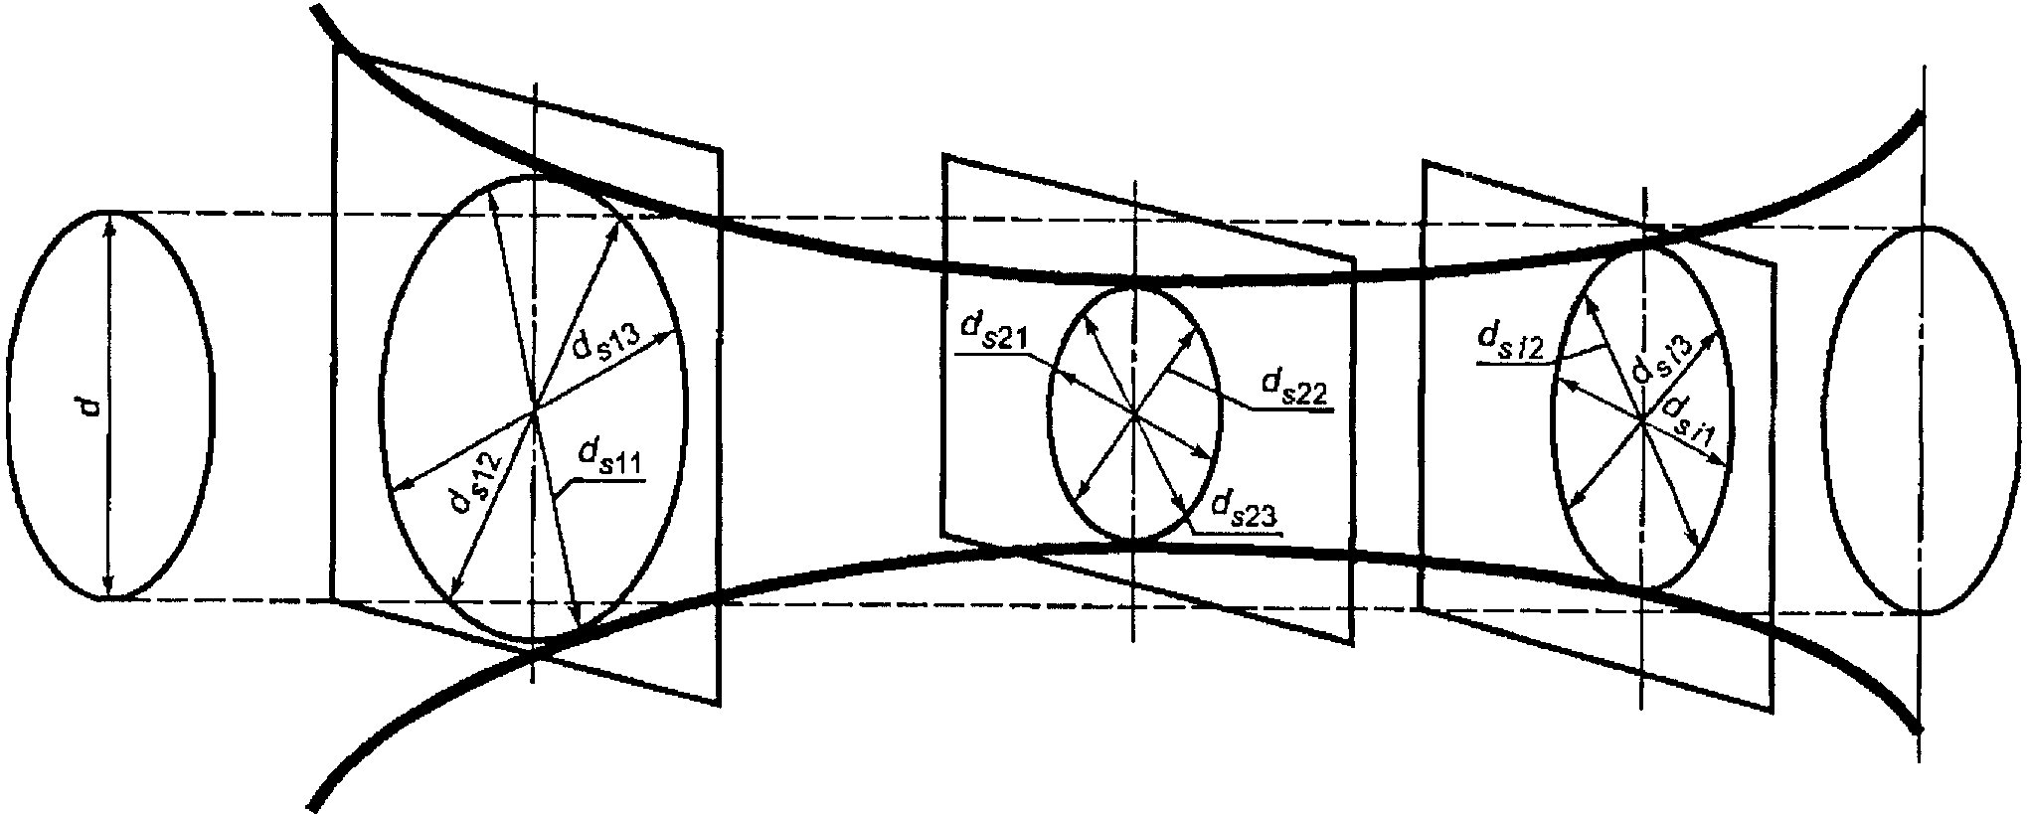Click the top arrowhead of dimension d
pos(109,219)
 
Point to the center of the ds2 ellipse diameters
pos(1133,412)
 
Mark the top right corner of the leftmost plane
pos(720,151)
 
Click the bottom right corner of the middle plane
pos(1352,643)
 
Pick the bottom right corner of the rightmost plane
pos(1772,712)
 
